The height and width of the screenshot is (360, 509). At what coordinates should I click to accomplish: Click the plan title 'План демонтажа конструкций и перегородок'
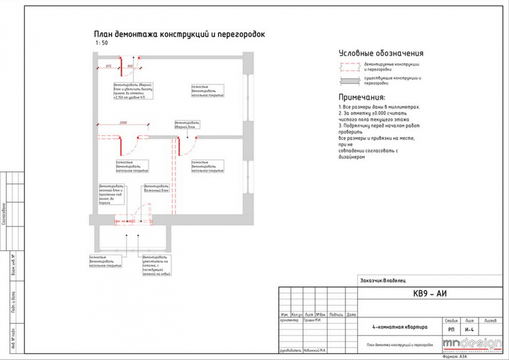click(x=179, y=34)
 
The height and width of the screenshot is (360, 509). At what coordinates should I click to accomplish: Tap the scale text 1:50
click(x=101, y=43)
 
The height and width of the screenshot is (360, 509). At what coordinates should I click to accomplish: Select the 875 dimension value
click(x=109, y=66)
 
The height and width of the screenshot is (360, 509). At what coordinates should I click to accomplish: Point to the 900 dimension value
click(x=130, y=66)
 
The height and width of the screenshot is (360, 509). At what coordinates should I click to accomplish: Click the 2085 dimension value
click(x=123, y=123)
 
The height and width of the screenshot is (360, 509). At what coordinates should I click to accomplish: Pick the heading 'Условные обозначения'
click(x=381, y=53)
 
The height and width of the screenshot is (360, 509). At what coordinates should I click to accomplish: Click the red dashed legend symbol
click(x=350, y=66)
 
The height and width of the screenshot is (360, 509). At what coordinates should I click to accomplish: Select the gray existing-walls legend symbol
click(x=350, y=80)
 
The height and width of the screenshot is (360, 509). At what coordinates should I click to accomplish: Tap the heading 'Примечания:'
click(x=361, y=97)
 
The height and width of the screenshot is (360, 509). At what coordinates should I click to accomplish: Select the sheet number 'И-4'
click(x=469, y=329)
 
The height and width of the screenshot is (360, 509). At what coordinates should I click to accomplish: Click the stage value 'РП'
click(x=451, y=329)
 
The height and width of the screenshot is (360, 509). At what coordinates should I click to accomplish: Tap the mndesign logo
click(x=472, y=344)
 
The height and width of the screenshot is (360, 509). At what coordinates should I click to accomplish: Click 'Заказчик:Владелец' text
click(x=383, y=281)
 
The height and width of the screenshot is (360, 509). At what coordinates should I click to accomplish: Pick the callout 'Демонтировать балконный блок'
click(x=156, y=187)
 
